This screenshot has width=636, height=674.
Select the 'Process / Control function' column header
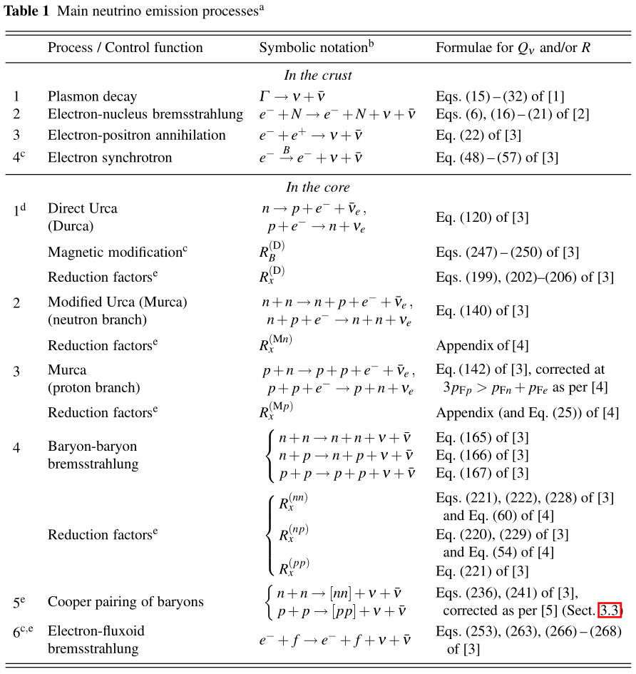(x=125, y=48)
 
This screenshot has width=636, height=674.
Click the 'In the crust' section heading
(x=318, y=75)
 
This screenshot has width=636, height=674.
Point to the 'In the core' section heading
(x=318, y=188)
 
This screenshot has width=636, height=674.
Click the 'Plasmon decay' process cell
(x=92, y=96)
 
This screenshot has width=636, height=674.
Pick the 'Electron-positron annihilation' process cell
(x=136, y=136)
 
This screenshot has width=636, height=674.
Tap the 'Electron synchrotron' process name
(x=110, y=157)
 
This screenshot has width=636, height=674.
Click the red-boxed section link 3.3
(x=610, y=610)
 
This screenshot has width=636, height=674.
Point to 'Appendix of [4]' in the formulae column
(x=482, y=346)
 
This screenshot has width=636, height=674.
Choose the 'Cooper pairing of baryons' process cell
(x=125, y=602)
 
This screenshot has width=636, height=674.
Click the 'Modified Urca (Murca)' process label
(x=117, y=302)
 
